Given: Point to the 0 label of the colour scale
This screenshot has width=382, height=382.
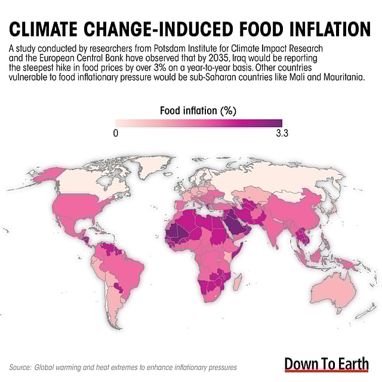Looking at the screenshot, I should [115, 134].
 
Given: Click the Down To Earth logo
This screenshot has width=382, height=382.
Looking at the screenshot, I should [326, 363].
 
